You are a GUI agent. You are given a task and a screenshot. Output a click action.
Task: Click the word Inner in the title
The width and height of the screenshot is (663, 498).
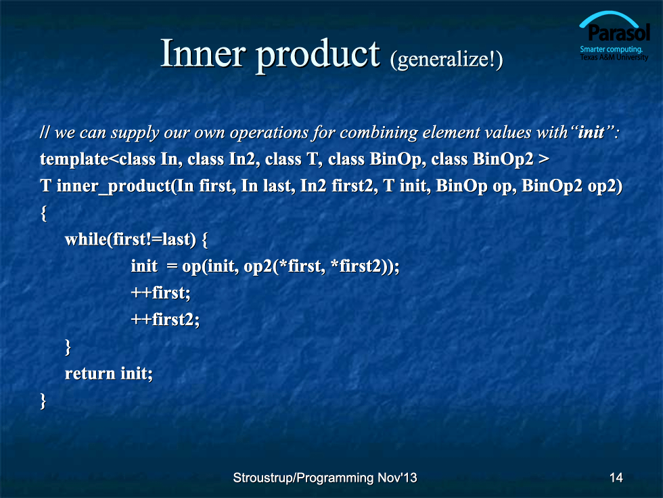[x=203, y=54]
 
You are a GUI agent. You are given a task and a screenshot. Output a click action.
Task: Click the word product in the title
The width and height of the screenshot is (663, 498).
[x=318, y=56]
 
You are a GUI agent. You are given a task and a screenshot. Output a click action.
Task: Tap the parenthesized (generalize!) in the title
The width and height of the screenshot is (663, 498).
[x=447, y=60]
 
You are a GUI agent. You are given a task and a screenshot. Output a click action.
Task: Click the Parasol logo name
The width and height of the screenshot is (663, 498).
[x=618, y=33]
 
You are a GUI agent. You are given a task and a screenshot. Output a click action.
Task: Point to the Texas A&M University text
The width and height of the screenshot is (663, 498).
[x=614, y=57]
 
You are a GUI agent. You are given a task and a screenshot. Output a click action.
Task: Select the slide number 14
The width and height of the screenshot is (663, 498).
[x=616, y=478]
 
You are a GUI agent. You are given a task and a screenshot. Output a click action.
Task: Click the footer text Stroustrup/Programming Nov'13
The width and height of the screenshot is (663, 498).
[x=325, y=478]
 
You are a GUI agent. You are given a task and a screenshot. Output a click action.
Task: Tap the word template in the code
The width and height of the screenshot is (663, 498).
[x=74, y=160]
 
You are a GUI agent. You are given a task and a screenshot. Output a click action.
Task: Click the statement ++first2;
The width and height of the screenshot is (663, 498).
[x=165, y=319]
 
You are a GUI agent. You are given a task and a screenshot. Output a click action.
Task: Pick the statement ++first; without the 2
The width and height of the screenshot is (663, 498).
[x=161, y=293]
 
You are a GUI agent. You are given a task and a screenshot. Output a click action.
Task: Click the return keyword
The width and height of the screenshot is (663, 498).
[x=89, y=374]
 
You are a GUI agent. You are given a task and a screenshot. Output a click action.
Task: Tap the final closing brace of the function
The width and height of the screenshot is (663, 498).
[x=43, y=400]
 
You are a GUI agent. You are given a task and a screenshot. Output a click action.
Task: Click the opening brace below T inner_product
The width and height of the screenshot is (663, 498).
[x=43, y=213]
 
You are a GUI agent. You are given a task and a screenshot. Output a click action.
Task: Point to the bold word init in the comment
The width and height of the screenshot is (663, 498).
[x=591, y=133]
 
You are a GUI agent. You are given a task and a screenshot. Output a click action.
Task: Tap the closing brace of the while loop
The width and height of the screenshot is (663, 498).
[x=68, y=347]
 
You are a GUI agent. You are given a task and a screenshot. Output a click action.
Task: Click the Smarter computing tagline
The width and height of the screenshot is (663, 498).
[x=611, y=49]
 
